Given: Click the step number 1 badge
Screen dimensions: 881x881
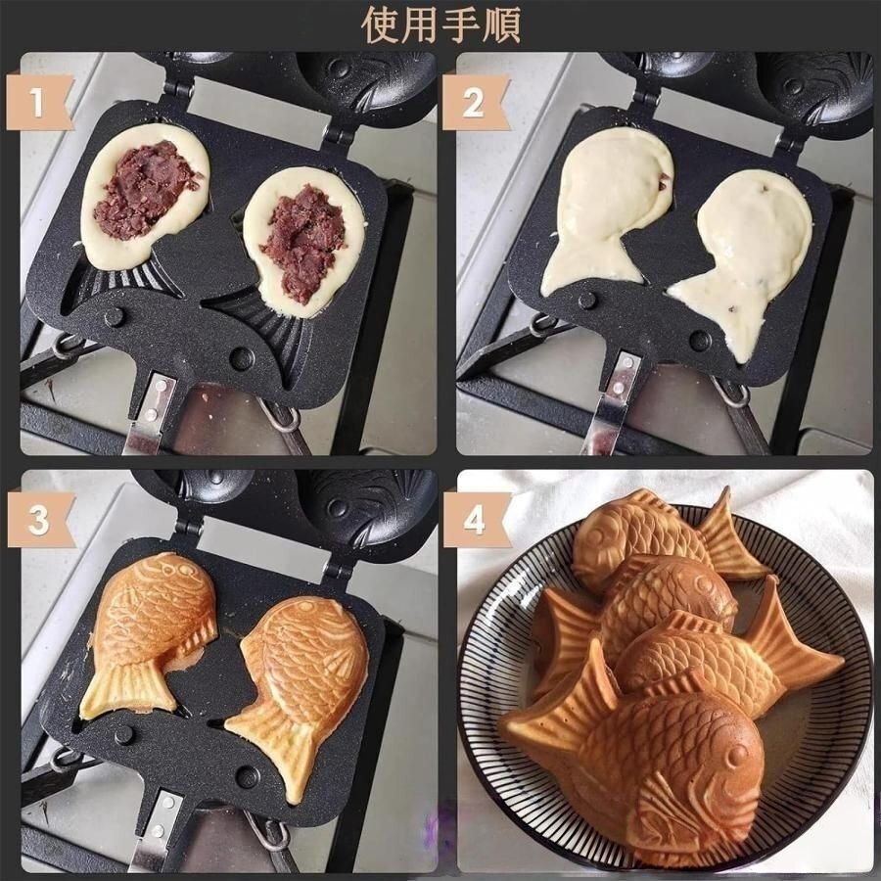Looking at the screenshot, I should click(x=39, y=103).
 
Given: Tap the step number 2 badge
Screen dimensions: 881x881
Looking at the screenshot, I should click(x=474, y=103).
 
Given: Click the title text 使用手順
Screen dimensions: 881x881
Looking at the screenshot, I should click(x=440, y=23).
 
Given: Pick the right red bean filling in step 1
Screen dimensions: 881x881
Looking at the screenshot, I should click(x=303, y=240).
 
